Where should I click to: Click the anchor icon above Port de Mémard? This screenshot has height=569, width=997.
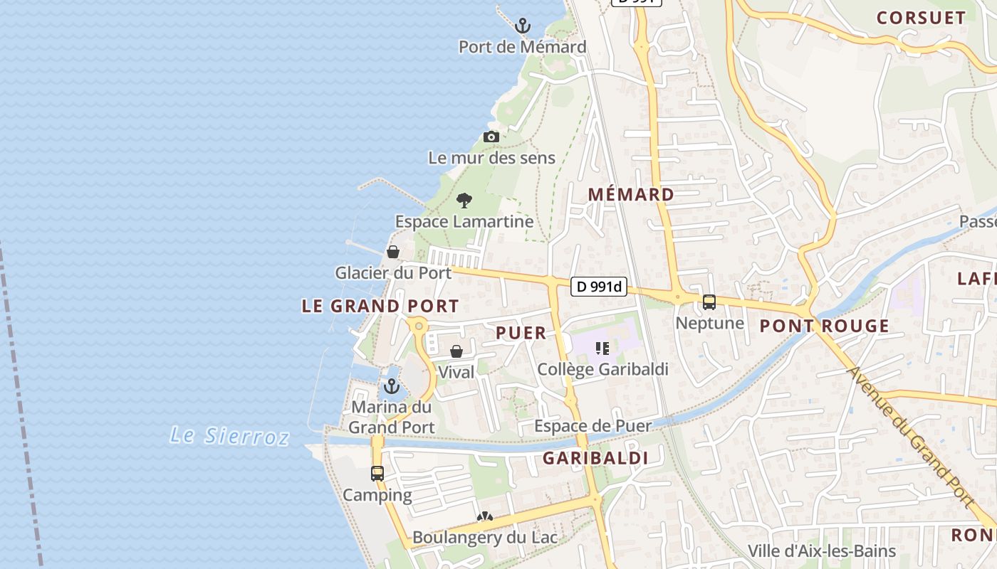point(523,26)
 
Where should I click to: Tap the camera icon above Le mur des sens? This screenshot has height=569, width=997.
point(491,137)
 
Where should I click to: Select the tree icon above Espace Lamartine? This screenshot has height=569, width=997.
point(464,201)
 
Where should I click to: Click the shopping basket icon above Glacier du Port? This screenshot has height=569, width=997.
point(392,252)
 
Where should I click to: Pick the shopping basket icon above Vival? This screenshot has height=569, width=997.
point(456,351)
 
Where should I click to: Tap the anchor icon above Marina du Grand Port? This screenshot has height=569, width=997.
point(391,386)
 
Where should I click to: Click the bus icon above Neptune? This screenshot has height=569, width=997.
point(709,302)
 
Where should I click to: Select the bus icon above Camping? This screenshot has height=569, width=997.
point(377,474)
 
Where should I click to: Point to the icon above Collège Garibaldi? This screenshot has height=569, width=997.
point(602,349)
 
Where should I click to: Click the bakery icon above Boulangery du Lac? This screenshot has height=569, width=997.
point(485,516)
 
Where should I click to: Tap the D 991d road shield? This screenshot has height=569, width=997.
point(599,287)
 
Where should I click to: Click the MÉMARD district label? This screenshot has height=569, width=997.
point(631,194)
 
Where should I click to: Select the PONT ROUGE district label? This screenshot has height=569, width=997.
point(824,326)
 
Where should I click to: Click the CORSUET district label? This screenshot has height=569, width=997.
point(921,18)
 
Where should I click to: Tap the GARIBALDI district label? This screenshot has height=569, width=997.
point(595,458)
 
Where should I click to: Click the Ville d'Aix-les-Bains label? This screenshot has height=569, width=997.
point(821,551)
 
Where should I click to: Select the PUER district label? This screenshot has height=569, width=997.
point(521,333)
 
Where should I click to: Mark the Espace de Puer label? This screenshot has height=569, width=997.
point(593,426)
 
